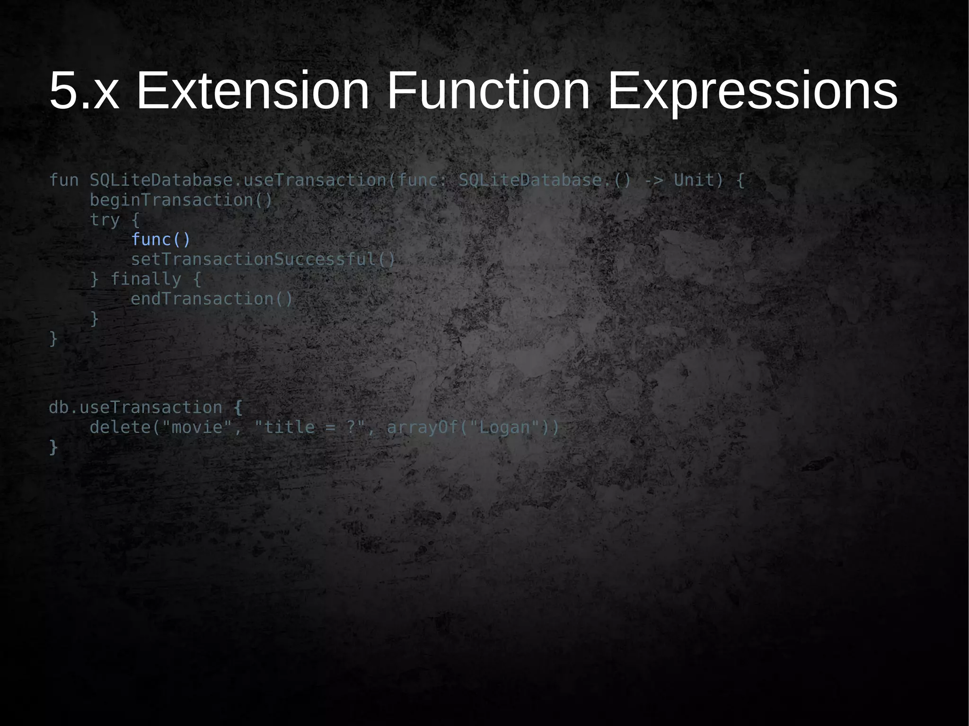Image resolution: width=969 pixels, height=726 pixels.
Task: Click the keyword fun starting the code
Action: click(x=64, y=180)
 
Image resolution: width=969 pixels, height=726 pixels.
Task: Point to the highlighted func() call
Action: click(x=160, y=240)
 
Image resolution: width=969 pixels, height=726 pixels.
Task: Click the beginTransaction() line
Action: click(x=181, y=200)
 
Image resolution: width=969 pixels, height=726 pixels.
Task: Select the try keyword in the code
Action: click(x=105, y=220)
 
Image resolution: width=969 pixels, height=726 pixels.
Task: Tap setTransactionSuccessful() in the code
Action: click(x=263, y=260)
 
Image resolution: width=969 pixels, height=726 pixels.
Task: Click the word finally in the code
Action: click(x=146, y=279)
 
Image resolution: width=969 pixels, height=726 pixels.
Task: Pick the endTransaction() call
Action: click(x=211, y=299)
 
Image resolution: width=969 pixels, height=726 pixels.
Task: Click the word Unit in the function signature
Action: click(x=694, y=180)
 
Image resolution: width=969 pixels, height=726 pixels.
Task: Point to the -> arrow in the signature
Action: click(x=653, y=180)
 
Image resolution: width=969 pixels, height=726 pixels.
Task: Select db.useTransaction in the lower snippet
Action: click(x=135, y=407)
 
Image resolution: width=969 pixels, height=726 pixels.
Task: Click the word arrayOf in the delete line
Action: click(x=422, y=428)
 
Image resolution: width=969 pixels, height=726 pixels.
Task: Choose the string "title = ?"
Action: click(x=310, y=428)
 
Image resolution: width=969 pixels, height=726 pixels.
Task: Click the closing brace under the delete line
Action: click(x=53, y=447)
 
